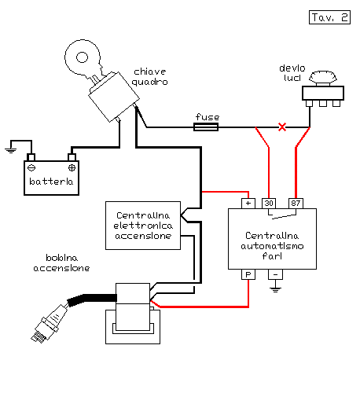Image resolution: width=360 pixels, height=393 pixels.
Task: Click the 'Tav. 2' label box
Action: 329,17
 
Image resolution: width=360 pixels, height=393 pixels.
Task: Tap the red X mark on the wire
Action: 282,127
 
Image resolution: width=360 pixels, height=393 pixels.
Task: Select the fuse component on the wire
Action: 206,127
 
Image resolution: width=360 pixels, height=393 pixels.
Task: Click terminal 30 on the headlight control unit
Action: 269,204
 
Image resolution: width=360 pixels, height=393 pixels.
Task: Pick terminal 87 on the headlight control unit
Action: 296,204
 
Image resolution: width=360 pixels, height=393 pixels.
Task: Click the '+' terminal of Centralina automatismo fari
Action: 248,204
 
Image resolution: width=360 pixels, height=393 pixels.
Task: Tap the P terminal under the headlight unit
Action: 248,274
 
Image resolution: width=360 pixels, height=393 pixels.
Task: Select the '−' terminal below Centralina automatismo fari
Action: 275,274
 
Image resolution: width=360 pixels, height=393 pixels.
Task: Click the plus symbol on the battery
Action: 72,167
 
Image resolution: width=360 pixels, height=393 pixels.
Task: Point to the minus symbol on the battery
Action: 31,167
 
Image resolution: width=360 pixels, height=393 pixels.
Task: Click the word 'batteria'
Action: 51,182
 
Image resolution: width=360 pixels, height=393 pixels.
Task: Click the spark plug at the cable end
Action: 49,325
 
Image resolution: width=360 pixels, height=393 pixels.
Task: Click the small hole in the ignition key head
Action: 82,57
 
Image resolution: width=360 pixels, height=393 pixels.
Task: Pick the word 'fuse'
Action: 208,117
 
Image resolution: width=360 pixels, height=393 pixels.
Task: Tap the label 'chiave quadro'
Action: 149,77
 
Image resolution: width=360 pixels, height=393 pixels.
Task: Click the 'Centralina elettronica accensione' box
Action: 143,226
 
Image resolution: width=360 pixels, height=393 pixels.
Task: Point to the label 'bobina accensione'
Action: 61,263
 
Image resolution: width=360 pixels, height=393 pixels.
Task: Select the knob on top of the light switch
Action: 323,77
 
